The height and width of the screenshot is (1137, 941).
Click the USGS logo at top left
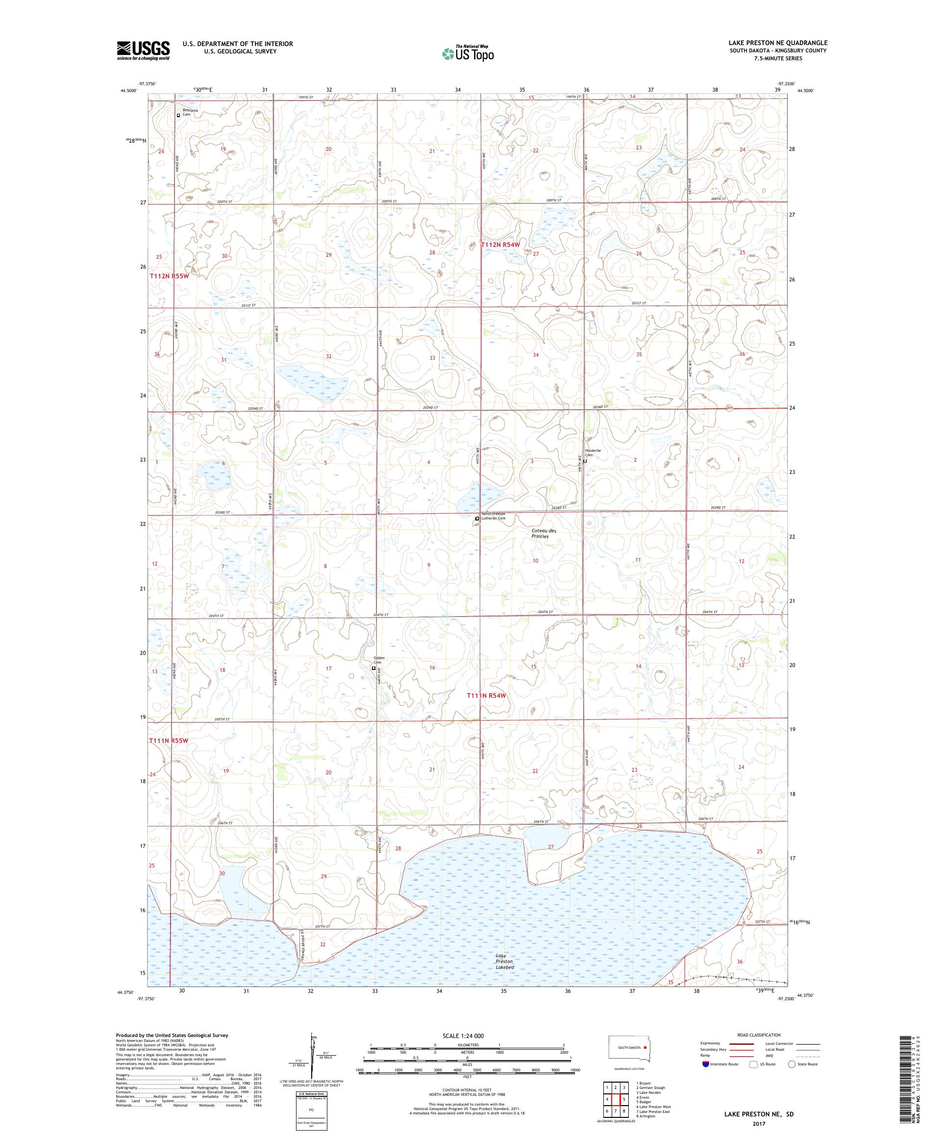(143, 51)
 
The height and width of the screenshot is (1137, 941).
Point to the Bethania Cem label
(190, 112)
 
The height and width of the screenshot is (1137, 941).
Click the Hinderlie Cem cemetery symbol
(585, 461)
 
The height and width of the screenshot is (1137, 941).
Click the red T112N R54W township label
(500, 245)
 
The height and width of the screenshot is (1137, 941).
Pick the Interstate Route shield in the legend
(705, 1064)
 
